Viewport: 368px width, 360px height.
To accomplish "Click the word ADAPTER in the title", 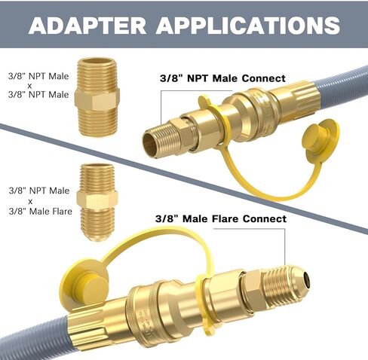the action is click(87, 26).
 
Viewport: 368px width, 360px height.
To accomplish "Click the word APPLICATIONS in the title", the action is click(248, 26).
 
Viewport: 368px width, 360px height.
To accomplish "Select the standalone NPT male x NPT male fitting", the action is click(97, 97).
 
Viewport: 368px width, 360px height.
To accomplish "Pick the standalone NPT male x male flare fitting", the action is click(97, 202).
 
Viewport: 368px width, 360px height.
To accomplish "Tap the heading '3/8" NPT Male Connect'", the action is click(222, 78).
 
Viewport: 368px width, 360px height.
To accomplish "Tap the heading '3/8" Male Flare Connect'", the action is click(221, 218).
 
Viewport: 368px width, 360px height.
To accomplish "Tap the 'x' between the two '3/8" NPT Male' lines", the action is click(30, 86).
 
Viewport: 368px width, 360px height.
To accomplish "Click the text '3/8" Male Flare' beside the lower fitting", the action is click(41, 212).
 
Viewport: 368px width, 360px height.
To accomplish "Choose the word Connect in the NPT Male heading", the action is click(264, 78).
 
